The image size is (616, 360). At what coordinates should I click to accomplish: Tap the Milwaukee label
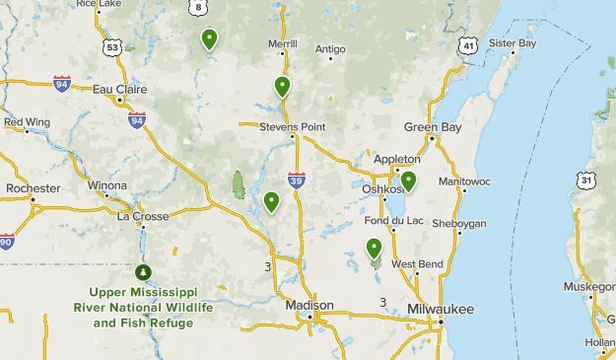click(441, 310)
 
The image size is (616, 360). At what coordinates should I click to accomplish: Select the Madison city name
click(310, 305)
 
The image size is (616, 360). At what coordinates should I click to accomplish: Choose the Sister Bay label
click(513, 43)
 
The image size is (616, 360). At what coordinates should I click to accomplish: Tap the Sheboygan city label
click(458, 224)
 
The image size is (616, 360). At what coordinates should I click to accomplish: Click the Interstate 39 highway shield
click(297, 179)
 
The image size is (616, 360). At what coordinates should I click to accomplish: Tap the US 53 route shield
click(113, 46)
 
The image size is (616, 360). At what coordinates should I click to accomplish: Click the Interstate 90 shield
click(7, 242)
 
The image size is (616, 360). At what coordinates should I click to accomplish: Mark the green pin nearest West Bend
click(374, 248)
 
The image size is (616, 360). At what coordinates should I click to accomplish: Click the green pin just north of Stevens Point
click(283, 86)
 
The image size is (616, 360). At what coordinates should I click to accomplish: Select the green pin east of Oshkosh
click(407, 180)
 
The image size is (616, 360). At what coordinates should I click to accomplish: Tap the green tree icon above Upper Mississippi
click(143, 271)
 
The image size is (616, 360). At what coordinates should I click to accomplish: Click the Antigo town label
click(330, 47)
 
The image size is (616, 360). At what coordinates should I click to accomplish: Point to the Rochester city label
click(34, 186)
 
